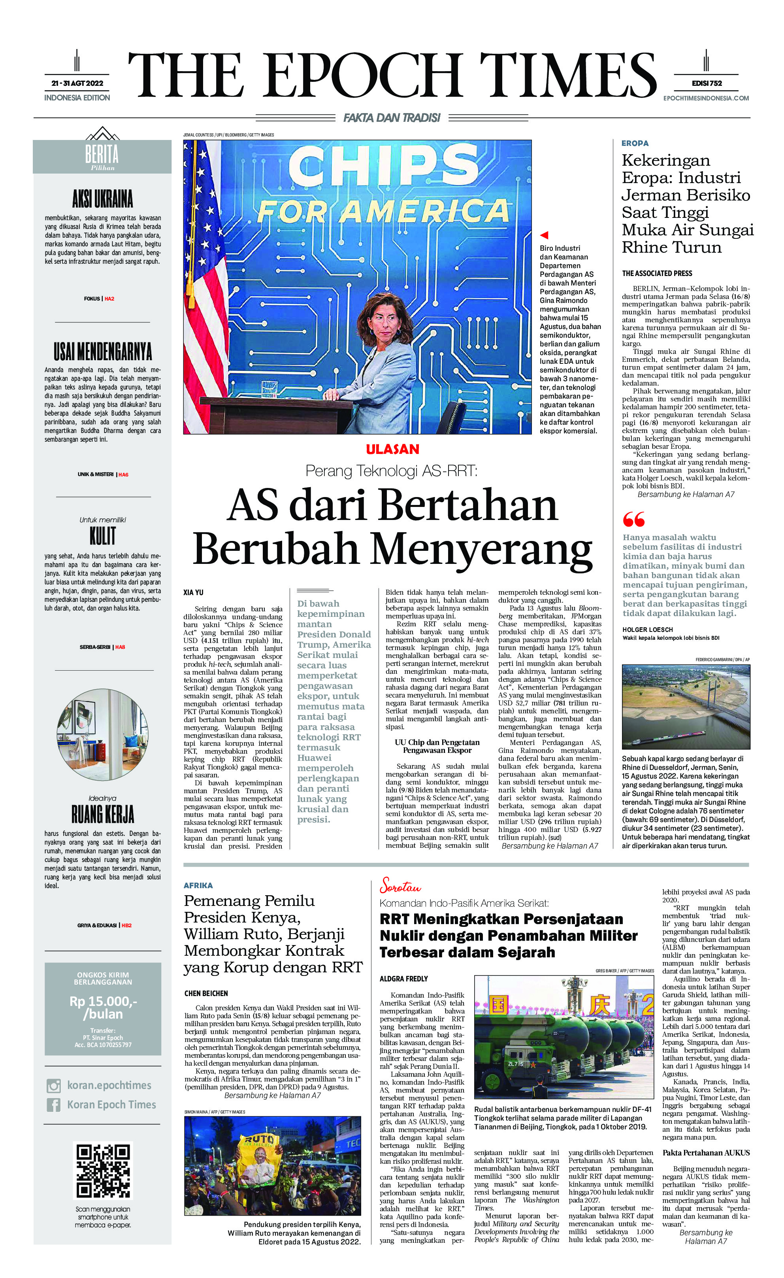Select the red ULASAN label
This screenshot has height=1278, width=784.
[392, 449]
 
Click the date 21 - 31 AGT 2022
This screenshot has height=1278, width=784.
[77, 83]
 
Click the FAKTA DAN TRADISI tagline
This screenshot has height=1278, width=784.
[392, 118]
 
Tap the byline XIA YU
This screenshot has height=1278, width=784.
[193, 592]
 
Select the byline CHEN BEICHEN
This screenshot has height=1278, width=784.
[206, 993]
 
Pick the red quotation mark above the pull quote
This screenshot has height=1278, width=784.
[633, 519]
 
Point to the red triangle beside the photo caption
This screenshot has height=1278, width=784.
[544, 235]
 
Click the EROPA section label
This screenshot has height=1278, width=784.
[635, 143]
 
